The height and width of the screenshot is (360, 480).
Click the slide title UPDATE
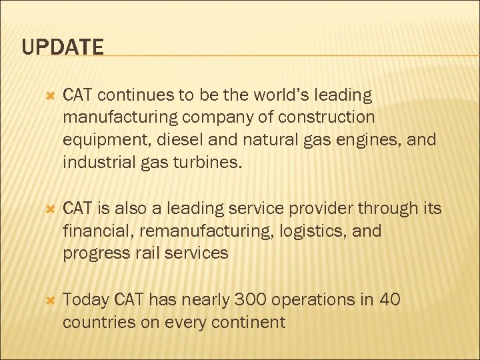pyautogui.click(x=63, y=47)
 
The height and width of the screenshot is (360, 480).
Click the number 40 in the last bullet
pyautogui.click(x=389, y=301)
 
